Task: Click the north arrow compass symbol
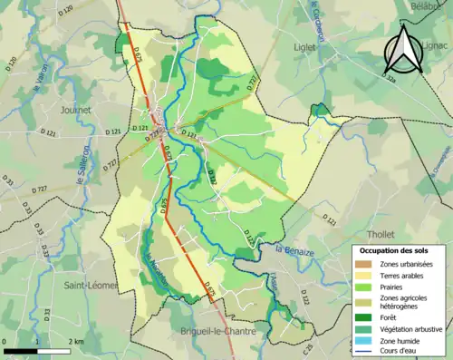coord(403,50)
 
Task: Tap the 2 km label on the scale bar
coord(79,342)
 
